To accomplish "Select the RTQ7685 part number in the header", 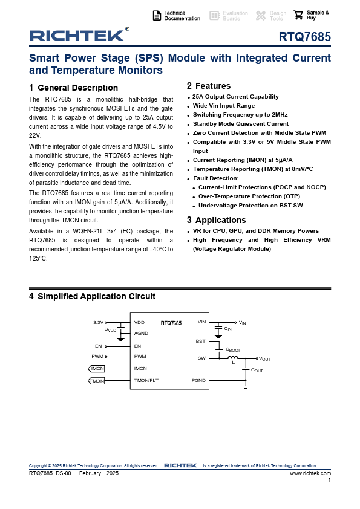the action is [305, 37].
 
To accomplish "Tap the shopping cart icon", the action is [298, 15].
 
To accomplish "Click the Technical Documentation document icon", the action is [157, 16].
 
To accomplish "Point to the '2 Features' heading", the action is [209, 86].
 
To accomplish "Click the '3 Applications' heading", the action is [217, 220].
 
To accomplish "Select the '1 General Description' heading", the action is [73, 88].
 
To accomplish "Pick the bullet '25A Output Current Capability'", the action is [235, 96].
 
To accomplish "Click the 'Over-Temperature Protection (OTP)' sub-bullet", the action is [249, 196].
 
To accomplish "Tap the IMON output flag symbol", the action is [96, 368].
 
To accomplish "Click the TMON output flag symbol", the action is [96, 381].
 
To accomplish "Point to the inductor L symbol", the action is [232, 357].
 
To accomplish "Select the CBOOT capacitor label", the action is [233, 350].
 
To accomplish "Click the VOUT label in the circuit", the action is [265, 359].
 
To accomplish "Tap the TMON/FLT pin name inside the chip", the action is [146, 380].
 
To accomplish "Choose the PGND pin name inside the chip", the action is [198, 380].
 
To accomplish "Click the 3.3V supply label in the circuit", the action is [98, 322].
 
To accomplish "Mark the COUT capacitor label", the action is [257, 370].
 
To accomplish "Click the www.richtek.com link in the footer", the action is [310, 473].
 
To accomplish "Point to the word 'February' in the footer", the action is [90, 473].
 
